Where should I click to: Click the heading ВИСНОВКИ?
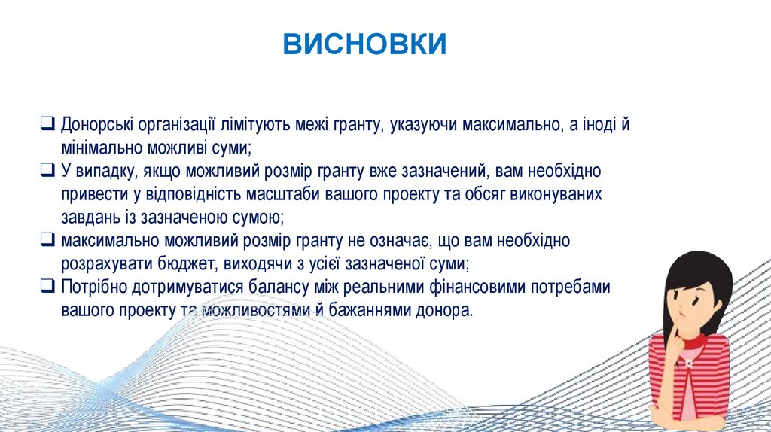click(365, 44)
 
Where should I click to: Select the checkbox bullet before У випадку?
click(47, 170)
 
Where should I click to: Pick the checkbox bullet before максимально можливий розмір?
click(47, 240)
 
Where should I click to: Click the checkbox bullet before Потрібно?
click(47, 286)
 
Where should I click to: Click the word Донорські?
click(97, 125)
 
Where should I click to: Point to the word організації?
click(176, 125)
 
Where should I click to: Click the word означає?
click(396, 241)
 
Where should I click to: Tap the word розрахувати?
click(107, 264)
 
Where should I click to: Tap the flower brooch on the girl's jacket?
click(689, 364)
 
